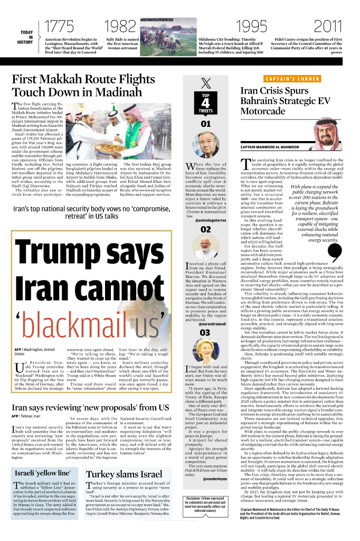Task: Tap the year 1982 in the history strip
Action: [x=121, y=26]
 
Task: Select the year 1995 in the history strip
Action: [x=251, y=26]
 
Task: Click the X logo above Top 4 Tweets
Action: [x=205, y=83]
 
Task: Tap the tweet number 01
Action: [x=205, y=124]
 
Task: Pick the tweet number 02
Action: [x=205, y=229]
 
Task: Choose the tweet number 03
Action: [x=205, y=332]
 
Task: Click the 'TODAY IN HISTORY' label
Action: [x=26, y=37]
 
